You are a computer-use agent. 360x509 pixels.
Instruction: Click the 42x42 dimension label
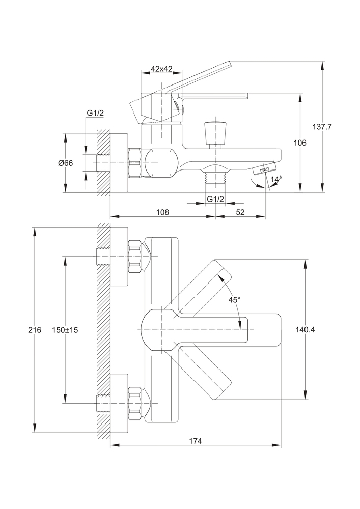161,69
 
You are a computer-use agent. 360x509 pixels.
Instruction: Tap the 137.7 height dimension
322,127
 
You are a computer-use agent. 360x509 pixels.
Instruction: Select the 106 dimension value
300,143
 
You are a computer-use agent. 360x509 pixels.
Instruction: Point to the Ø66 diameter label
66,163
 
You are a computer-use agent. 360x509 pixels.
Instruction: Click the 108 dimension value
162,212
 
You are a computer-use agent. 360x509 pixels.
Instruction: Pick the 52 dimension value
240,212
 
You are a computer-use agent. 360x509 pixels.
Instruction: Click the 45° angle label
234,300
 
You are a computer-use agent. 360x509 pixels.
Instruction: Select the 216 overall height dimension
35,330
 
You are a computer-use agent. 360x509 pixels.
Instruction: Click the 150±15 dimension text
65,330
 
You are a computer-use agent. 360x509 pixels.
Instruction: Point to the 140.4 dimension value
305,330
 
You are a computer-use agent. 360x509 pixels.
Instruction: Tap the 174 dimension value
196,441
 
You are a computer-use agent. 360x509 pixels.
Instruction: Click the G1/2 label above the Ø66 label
95,113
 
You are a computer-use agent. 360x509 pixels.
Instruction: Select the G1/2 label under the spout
215,199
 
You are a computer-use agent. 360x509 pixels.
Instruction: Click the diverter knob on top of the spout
214,133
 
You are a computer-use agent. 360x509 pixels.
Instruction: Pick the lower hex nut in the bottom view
134,403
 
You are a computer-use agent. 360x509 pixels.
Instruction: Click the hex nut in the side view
135,163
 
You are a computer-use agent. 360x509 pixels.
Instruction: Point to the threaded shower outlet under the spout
214,178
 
